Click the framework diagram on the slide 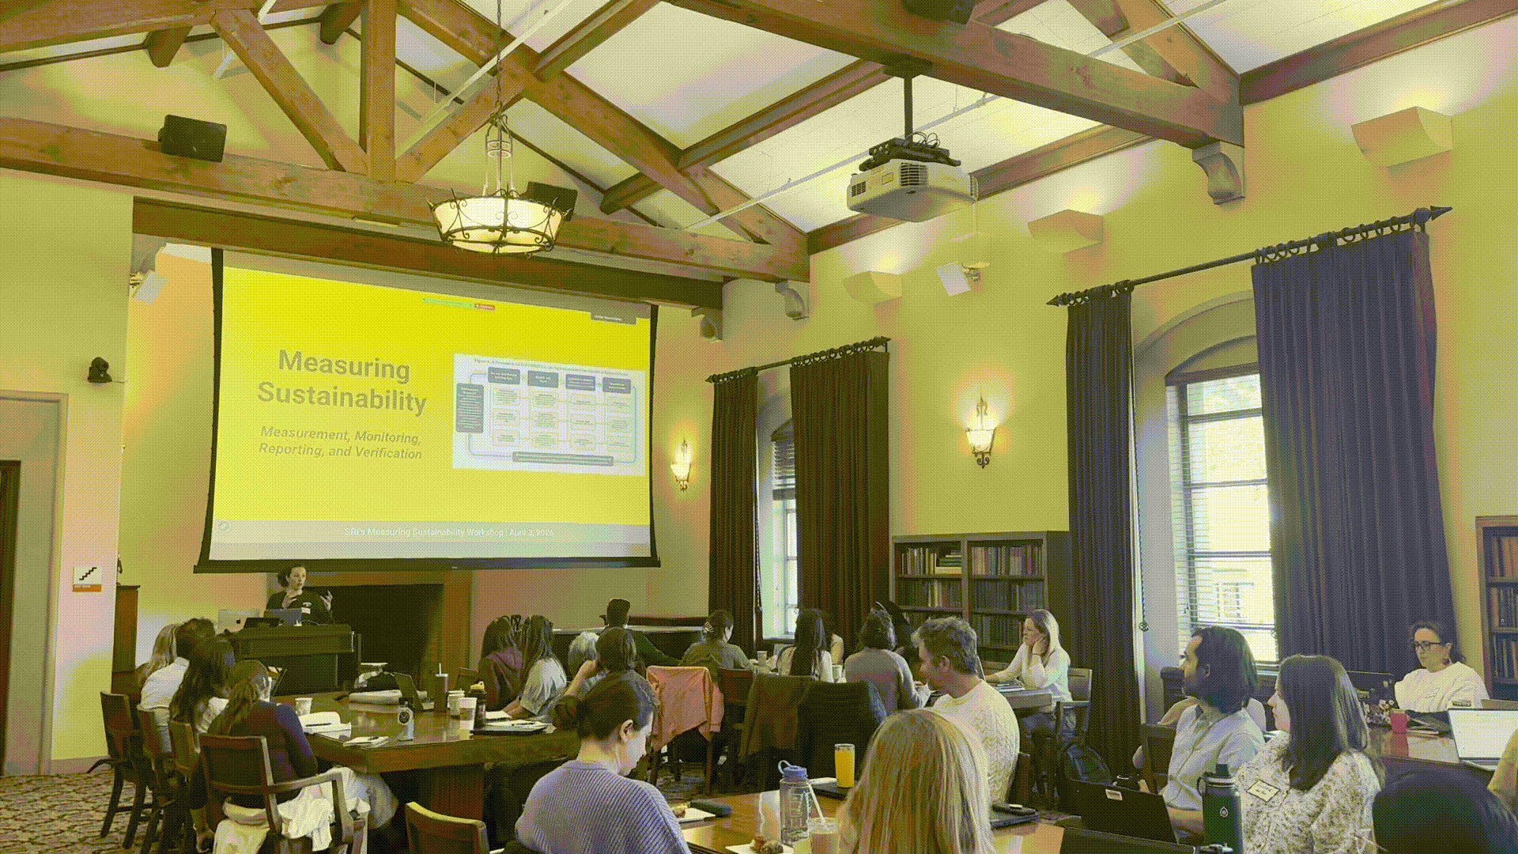click(549, 412)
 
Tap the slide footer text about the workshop click(449, 532)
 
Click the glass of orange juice click(844, 765)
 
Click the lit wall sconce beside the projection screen click(682, 464)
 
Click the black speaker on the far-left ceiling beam click(192, 138)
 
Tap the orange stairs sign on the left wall click(87, 576)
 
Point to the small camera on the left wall click(99, 370)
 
